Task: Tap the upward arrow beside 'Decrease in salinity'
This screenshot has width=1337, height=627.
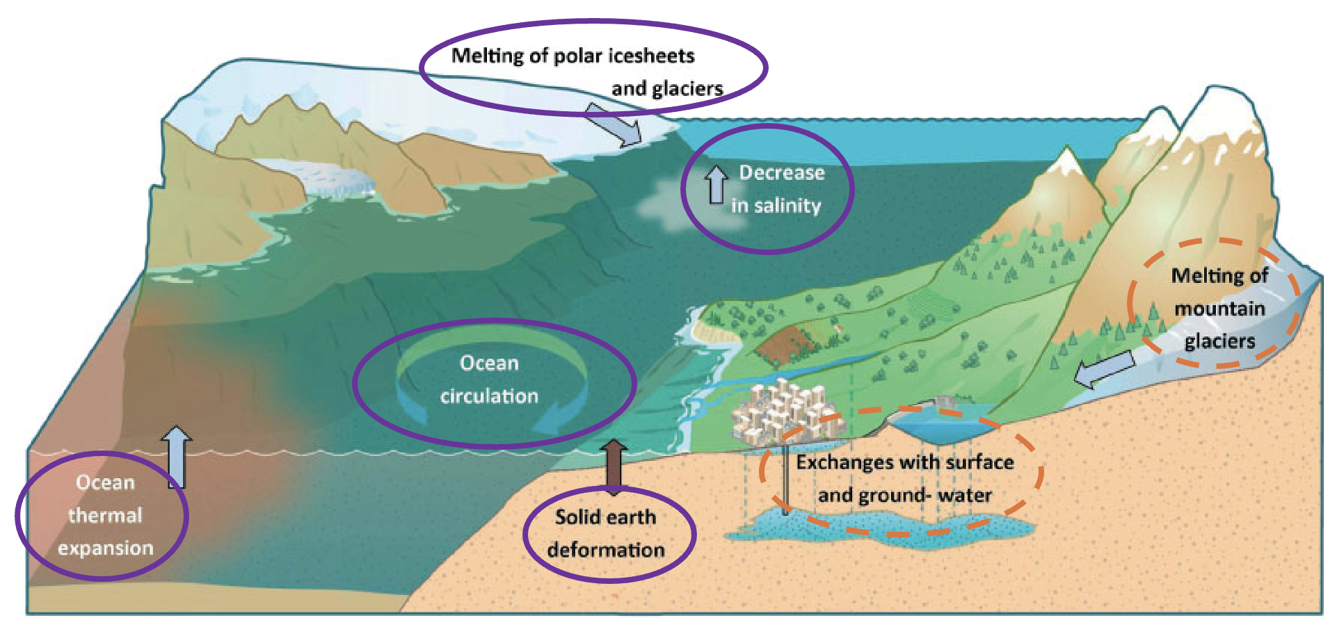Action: pos(716,185)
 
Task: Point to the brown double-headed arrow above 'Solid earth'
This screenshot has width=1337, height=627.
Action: pos(614,467)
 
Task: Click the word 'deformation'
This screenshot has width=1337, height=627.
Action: pos(606,550)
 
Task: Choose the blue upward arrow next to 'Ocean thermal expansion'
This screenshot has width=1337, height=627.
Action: pos(177,457)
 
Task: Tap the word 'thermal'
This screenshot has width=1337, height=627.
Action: pos(105,515)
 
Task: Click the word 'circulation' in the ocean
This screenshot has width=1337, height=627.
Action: pos(489,396)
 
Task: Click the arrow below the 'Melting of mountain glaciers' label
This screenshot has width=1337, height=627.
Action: pos(1105,369)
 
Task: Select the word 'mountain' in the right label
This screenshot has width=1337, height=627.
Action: pos(1219,309)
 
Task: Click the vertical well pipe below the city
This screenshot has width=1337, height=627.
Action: pos(785,480)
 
